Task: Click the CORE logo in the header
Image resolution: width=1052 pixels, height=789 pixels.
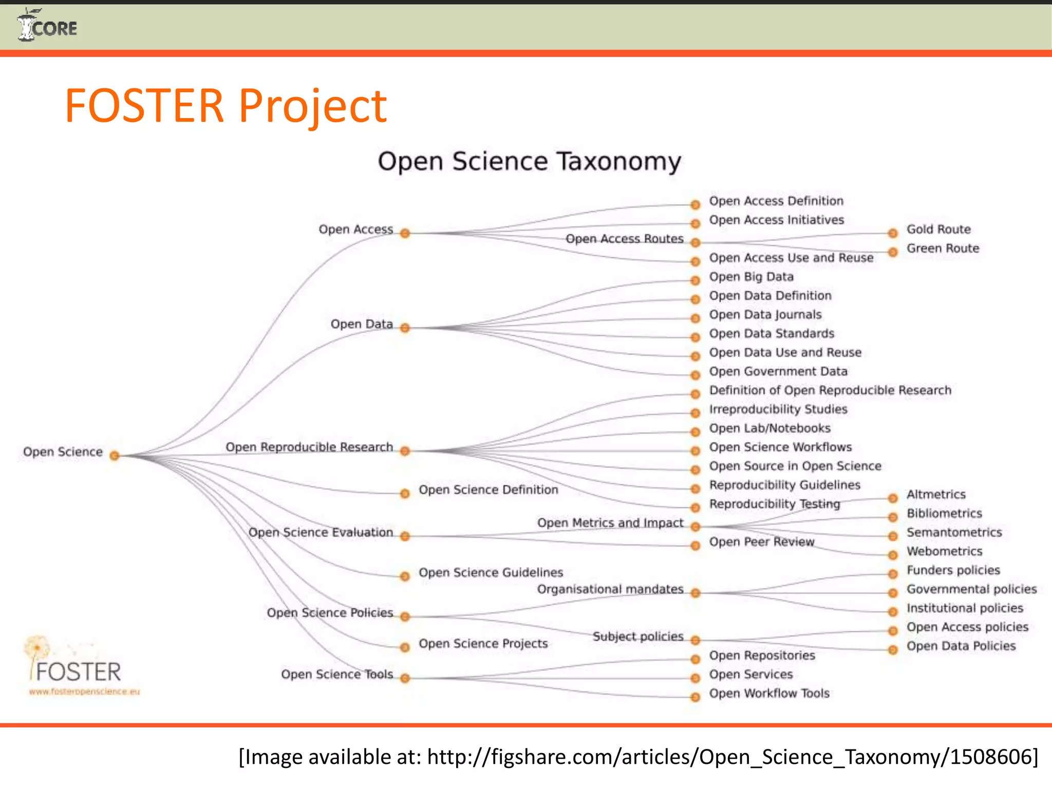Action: click(47, 26)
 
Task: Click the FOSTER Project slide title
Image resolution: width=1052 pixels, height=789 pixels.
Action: click(226, 106)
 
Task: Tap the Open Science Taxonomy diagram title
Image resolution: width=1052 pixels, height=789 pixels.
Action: click(529, 161)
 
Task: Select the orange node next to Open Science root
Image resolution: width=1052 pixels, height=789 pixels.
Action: click(115, 456)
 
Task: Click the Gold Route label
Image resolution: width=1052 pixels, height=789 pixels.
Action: click(938, 229)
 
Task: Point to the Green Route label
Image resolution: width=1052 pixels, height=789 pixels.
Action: click(942, 248)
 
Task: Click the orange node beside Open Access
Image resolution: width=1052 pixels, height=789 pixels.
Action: click(405, 233)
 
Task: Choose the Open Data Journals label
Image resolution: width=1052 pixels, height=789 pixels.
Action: click(765, 314)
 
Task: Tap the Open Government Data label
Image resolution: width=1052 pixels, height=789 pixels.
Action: click(778, 371)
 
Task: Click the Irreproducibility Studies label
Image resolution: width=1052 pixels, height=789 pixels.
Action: click(778, 409)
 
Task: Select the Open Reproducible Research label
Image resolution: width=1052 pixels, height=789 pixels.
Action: click(309, 447)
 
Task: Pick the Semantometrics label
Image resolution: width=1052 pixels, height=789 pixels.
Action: click(954, 532)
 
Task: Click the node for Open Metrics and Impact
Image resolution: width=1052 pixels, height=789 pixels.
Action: click(695, 527)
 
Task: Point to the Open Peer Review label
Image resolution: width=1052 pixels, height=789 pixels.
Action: click(761, 542)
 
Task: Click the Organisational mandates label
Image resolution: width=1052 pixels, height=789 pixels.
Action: click(610, 589)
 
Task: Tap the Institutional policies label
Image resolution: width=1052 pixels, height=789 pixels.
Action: click(964, 608)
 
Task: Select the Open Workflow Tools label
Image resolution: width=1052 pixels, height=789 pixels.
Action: click(769, 693)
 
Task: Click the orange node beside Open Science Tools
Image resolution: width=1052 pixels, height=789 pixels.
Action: click(405, 679)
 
